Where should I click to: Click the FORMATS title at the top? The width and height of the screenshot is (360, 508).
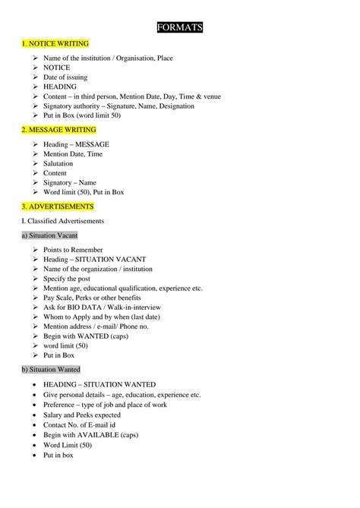pos(179,28)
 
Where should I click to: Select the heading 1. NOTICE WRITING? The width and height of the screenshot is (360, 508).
pos(55,44)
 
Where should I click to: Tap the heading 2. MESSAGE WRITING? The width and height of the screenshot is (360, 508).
pos(58,130)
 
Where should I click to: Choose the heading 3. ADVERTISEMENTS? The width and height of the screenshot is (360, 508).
pos(58,206)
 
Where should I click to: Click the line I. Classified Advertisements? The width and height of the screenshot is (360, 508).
pos(62,220)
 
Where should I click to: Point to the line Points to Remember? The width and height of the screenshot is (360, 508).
pos(73,250)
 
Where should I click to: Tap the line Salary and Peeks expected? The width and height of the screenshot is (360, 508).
pos(82,415)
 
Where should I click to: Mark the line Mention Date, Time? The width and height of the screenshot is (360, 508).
pos(73,153)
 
